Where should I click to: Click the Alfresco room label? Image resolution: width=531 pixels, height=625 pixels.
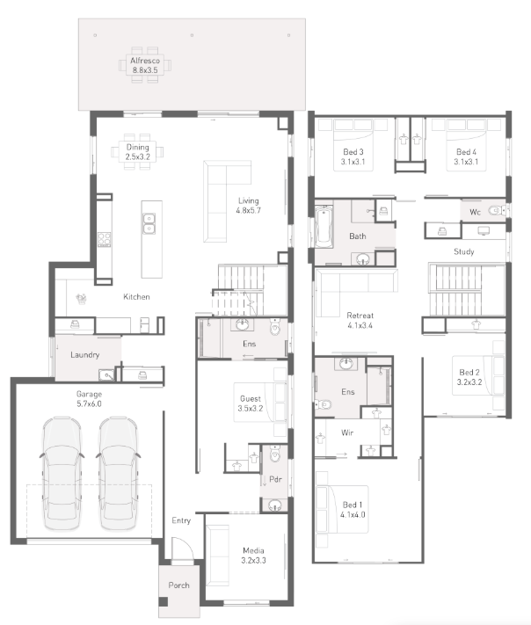(145, 61)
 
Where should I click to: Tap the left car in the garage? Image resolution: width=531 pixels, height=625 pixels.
(62, 474)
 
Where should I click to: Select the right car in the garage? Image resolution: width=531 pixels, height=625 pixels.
(118, 474)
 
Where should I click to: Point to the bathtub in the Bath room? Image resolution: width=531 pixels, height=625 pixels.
(324, 227)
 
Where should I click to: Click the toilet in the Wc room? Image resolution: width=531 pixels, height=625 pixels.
(497, 210)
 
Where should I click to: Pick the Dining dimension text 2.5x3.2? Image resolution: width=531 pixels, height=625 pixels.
(138, 156)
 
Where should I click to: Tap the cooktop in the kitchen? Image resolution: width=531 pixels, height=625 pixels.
(105, 239)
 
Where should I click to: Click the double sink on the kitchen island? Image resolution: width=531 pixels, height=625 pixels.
(149, 223)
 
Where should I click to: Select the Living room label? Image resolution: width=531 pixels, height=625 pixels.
(249, 201)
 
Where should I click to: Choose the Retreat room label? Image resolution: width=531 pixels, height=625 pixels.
(360, 316)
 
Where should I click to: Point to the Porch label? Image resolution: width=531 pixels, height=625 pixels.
(178, 585)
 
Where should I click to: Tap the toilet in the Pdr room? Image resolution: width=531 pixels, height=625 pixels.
(274, 454)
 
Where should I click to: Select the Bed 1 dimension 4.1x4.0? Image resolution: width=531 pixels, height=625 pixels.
(353, 514)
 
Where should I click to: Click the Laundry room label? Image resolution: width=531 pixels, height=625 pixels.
(85, 355)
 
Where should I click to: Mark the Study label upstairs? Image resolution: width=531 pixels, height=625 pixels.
(464, 251)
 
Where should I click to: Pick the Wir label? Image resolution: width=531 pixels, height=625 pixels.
(347, 432)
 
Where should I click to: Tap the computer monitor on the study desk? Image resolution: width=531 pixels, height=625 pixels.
(484, 231)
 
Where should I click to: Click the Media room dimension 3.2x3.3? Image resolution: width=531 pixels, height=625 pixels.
(253, 561)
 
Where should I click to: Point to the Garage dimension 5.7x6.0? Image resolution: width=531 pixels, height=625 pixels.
(90, 403)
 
